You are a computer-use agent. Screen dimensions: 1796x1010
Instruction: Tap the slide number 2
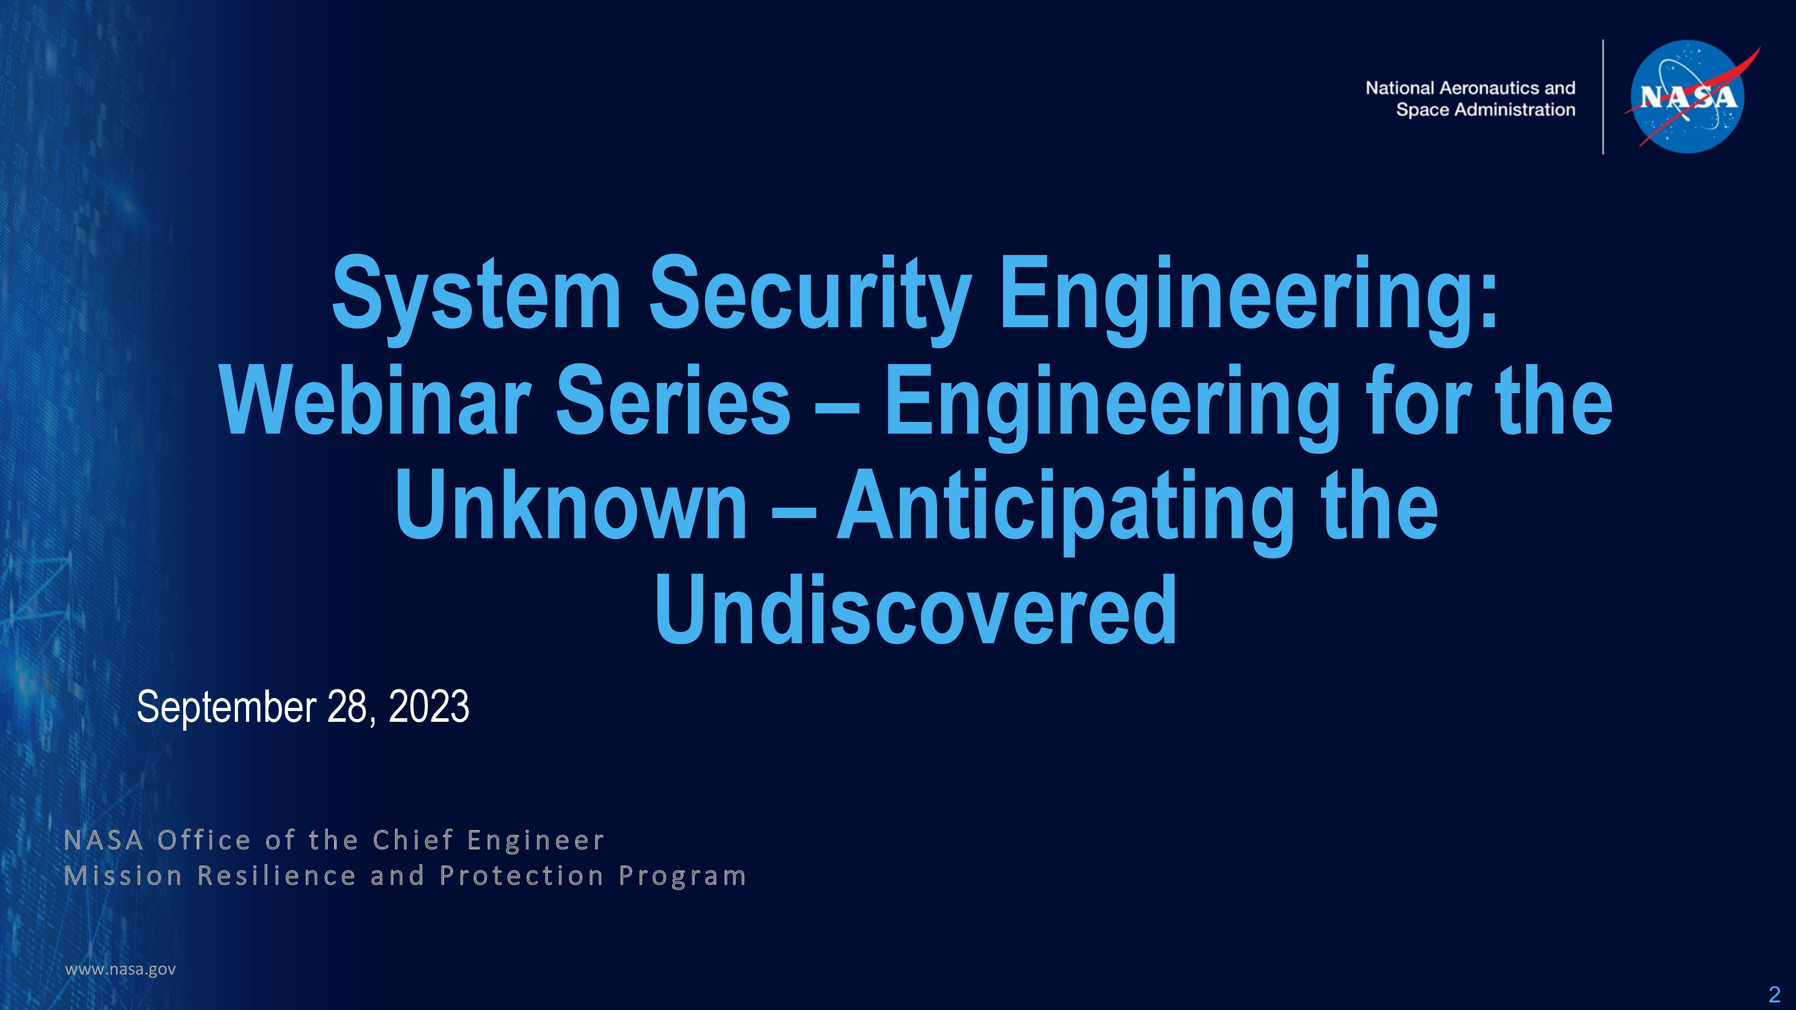[x=1774, y=993]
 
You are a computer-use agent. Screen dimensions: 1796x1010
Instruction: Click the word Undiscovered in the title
[x=916, y=610]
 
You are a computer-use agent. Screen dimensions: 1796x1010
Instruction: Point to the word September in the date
[x=227, y=707]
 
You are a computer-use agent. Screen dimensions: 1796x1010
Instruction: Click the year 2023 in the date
[x=429, y=706]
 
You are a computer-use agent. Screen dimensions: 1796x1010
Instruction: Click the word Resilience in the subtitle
[x=277, y=875]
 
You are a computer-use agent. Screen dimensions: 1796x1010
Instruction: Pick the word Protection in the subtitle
[x=521, y=875]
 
